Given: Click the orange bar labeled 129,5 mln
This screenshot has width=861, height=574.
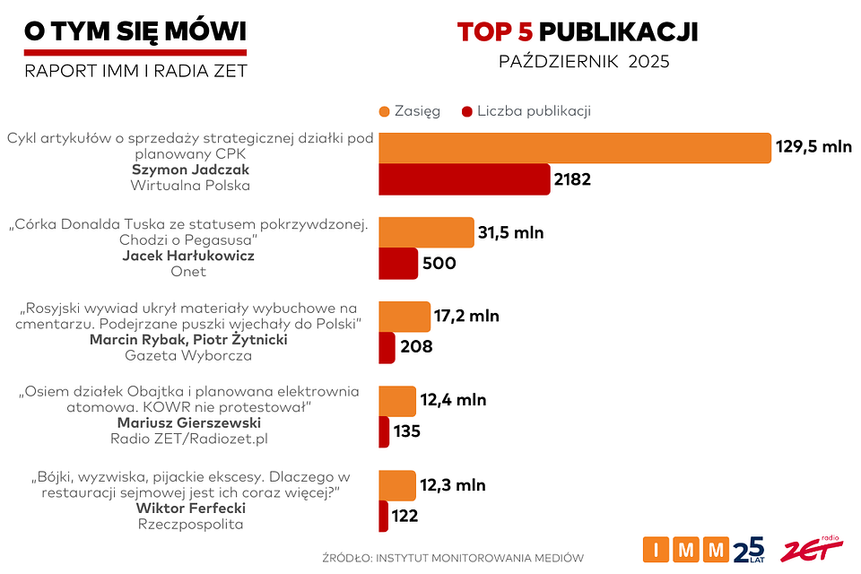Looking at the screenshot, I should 575,148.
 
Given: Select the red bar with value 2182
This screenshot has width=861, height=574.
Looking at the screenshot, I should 464,179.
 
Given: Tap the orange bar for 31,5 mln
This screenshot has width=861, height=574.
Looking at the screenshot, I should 426,232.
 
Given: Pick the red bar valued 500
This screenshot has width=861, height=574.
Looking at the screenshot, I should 398,264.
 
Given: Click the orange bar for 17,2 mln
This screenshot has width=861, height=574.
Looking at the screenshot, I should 404,317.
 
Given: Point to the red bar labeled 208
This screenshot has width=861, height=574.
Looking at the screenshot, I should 387,347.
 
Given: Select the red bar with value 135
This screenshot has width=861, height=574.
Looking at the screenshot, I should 384,431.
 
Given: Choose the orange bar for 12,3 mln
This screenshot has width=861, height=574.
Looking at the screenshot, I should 397,485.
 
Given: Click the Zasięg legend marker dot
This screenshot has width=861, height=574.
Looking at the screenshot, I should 385,111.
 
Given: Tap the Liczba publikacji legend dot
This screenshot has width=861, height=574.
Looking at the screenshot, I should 466,111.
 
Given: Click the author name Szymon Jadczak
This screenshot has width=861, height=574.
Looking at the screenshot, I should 190,170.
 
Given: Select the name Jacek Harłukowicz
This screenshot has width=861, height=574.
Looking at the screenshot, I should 188,256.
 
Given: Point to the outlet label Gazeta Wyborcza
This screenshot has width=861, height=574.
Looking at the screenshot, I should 188,355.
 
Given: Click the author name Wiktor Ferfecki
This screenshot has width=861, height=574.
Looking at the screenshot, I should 189,508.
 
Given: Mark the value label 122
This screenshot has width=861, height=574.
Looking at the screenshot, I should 404,516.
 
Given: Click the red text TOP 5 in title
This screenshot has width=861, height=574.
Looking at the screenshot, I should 495,32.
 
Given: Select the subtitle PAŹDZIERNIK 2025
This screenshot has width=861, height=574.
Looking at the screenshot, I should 584,63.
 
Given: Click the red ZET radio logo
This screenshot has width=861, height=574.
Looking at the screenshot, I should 811,550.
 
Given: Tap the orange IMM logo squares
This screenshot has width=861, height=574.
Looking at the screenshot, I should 686,549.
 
